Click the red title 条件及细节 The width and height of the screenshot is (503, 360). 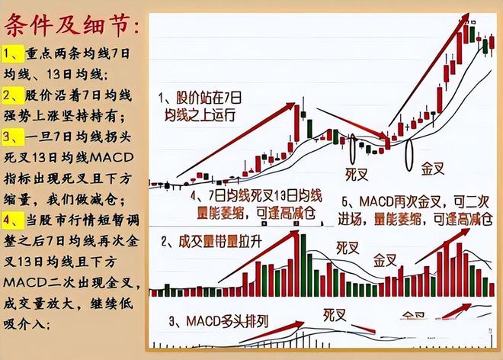tap(72, 28)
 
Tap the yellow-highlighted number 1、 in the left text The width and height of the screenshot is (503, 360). tap(14, 55)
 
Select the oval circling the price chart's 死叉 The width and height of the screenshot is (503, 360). tap(356, 144)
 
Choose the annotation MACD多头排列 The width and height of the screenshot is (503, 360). tap(221, 320)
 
